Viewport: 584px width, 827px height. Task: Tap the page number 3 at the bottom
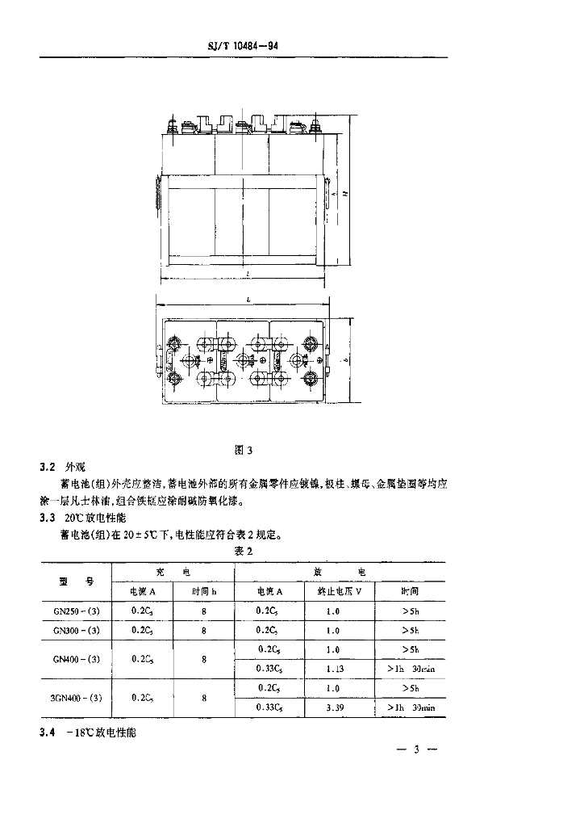pos(417,751)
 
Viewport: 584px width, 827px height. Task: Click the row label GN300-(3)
pos(77,630)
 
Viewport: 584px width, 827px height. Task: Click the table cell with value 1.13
pos(333,669)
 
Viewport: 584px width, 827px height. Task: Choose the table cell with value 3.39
pos(333,707)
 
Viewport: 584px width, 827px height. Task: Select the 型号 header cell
pos(77,581)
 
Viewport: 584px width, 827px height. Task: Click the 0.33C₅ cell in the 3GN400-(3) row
pos(269,707)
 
